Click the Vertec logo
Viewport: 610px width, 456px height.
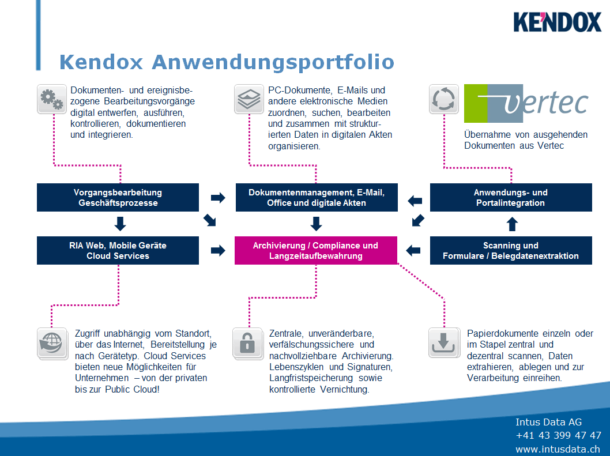[526, 104]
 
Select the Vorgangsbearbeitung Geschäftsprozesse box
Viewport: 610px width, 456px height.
[118, 198]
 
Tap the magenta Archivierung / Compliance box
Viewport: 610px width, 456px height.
[315, 251]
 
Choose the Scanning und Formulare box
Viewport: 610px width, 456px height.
[510, 251]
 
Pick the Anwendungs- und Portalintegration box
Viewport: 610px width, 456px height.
[510, 198]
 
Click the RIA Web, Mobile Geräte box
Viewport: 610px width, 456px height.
[118, 251]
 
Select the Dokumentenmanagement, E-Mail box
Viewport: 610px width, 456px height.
[316, 198]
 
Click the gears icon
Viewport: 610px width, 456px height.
[51, 100]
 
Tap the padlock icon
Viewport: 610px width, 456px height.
[247, 343]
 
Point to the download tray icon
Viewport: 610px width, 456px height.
[443, 343]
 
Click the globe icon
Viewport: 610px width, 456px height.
[51, 344]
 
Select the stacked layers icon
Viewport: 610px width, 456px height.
[249, 100]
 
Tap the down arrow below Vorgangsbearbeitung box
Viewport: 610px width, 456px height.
[120, 224]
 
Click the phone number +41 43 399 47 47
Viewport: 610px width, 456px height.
[558, 435]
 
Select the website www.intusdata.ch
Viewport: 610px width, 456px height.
[558, 449]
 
